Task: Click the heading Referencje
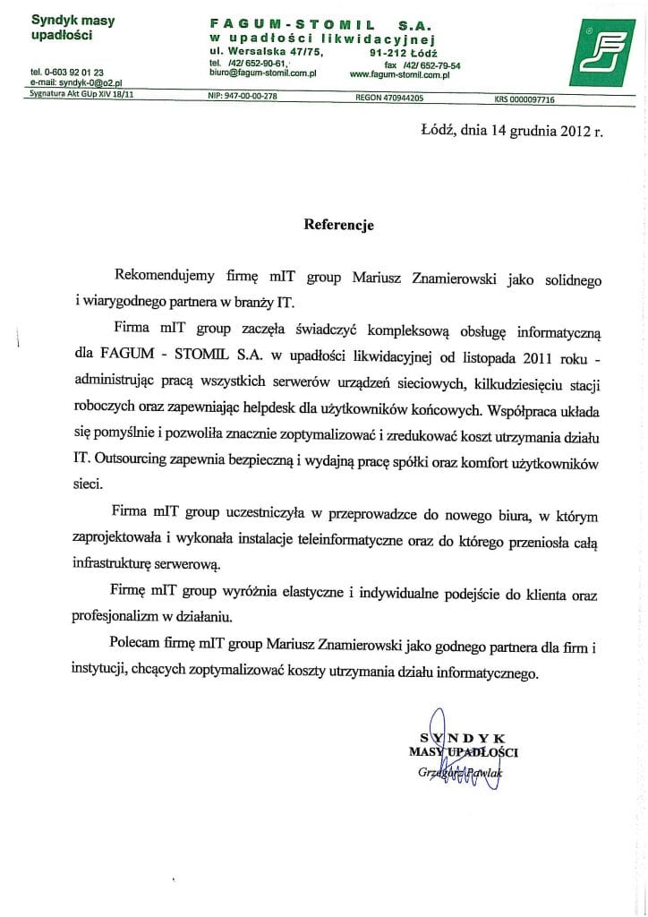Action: click(x=338, y=225)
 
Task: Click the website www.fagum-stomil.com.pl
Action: click(x=399, y=75)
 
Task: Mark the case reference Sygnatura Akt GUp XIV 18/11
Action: click(x=75, y=93)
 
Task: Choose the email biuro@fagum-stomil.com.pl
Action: click(x=263, y=75)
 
